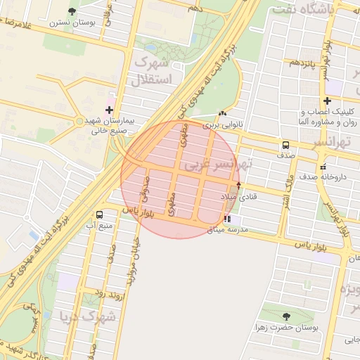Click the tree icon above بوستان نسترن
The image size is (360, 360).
point(72,11)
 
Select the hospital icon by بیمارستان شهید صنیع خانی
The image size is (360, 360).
point(109,110)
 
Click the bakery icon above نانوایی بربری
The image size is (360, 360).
point(223,113)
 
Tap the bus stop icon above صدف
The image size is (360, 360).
point(285,145)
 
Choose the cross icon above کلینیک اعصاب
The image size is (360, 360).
point(327,101)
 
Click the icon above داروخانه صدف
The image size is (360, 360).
point(323,167)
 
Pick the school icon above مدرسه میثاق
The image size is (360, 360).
point(226,219)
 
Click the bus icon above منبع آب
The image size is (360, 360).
point(98,214)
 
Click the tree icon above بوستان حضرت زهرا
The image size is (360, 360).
point(286,316)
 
